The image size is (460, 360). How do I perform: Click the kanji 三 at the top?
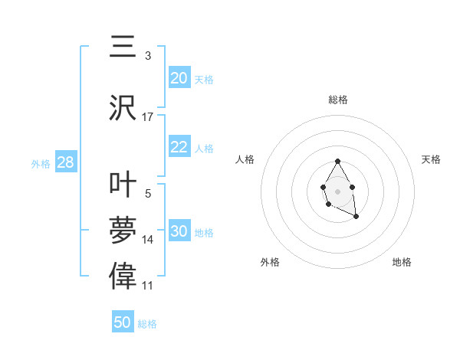123,47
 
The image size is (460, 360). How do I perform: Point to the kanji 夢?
123,230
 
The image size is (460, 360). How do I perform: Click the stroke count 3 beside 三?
147,56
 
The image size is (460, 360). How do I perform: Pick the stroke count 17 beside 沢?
148,116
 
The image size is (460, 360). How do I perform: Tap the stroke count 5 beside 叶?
147,195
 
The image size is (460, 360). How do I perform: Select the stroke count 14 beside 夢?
148,240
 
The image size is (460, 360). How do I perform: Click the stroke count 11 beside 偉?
148,286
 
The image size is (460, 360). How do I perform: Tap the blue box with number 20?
179,77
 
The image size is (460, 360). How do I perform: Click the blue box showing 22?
179,147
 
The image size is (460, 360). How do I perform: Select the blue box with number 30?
179,231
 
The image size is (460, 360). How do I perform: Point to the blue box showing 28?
65,162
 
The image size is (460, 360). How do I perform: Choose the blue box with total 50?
123,322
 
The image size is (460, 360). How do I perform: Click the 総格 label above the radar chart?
337,100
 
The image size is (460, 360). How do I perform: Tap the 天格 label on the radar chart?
431,159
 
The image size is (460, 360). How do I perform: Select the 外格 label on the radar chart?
270,262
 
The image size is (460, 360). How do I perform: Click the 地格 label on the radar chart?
402,262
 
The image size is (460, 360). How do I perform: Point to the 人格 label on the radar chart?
245,159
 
